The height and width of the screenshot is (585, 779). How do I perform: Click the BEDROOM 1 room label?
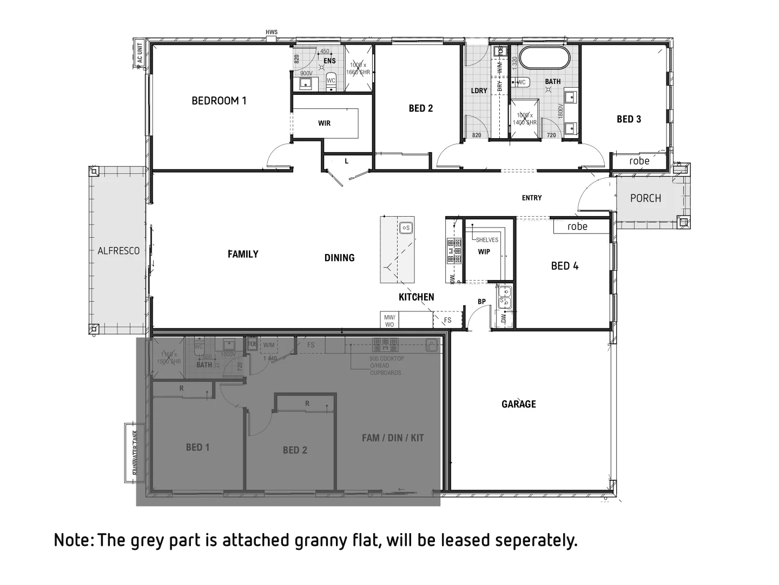(219, 101)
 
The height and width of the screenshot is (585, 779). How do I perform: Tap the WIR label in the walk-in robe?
(324, 123)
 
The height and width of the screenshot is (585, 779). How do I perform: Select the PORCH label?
(645, 198)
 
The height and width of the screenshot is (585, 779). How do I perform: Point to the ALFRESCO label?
(118, 251)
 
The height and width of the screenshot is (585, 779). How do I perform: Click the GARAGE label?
(518, 404)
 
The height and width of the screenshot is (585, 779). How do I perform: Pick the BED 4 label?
(564, 266)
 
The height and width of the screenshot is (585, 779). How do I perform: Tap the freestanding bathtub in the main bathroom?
(544, 58)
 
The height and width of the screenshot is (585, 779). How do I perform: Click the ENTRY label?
(532, 198)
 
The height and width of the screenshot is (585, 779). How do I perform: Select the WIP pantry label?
(484, 252)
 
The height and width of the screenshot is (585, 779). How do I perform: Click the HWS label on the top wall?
(272, 32)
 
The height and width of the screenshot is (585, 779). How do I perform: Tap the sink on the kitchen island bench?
(406, 228)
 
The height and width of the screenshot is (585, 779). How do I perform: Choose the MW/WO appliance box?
(389, 321)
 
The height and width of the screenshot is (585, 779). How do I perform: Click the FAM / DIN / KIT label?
(393, 438)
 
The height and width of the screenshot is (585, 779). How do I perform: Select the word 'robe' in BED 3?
(639, 161)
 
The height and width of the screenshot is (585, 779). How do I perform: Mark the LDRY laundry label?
(479, 91)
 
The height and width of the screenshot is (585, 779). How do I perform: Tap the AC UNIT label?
(140, 55)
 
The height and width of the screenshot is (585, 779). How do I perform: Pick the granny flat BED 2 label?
(295, 450)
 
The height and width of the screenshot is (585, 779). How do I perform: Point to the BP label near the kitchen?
(481, 302)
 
